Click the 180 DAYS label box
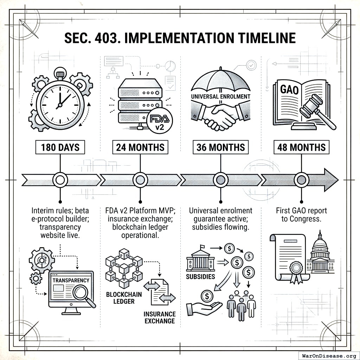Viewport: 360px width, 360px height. click(60, 148)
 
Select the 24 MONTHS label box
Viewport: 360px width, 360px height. click(140, 148)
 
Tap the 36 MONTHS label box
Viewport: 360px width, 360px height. click(221, 148)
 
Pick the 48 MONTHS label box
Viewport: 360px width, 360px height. click(301, 148)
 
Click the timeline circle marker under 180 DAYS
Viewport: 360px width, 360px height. click(60, 180)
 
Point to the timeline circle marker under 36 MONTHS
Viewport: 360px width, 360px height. click(221, 180)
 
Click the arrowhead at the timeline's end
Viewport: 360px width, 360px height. click(330, 180)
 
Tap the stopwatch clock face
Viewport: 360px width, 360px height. click(60, 102)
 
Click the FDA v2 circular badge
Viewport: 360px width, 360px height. click(160, 121)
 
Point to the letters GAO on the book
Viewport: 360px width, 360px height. click(289, 89)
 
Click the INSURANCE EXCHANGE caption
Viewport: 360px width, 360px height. click(159, 317)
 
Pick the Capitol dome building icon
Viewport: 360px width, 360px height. click(320, 254)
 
